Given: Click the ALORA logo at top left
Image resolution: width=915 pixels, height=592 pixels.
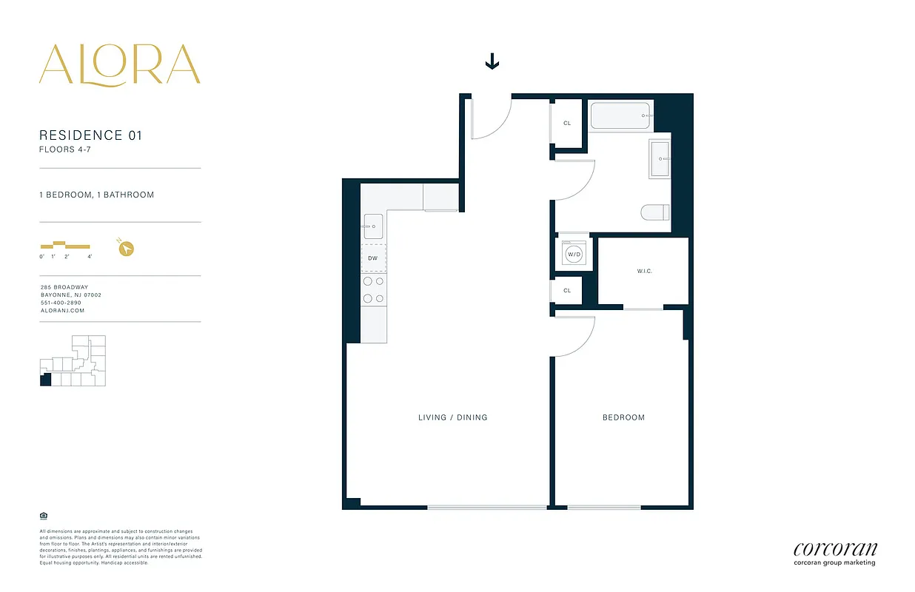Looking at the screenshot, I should [x=120, y=64].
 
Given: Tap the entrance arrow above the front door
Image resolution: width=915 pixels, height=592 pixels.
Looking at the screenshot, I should [x=492, y=63].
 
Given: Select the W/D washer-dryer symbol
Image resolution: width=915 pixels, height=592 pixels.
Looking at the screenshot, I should [x=574, y=254].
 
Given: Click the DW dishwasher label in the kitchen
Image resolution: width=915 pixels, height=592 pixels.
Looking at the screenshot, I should [x=372, y=258].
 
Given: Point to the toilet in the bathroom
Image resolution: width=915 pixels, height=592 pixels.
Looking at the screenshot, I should [x=656, y=212].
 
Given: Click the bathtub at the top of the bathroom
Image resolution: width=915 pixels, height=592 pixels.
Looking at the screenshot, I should [x=620, y=116].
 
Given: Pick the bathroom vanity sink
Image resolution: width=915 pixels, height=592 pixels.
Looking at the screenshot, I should [x=660, y=158].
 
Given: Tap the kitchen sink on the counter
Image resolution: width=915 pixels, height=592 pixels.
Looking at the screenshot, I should [x=373, y=226].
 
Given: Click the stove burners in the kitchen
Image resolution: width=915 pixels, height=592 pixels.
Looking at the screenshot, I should [x=373, y=289].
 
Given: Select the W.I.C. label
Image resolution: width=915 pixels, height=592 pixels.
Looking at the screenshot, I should [x=644, y=272].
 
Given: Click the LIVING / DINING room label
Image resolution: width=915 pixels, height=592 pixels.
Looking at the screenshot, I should [x=453, y=417].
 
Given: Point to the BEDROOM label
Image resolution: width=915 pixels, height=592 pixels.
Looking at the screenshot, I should [x=623, y=417].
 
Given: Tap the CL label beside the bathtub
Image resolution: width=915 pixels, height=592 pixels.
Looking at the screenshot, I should [x=567, y=123].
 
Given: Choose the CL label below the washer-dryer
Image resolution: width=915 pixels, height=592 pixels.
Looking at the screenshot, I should [x=567, y=291].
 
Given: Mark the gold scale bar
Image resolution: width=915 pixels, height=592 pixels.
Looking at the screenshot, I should [x=65, y=245].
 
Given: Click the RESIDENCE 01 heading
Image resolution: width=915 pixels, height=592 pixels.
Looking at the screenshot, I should [x=90, y=135].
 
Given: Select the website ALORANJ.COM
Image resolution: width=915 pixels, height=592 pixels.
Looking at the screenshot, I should [x=62, y=311].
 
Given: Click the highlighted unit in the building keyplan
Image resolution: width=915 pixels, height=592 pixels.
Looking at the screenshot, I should [x=45, y=380].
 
